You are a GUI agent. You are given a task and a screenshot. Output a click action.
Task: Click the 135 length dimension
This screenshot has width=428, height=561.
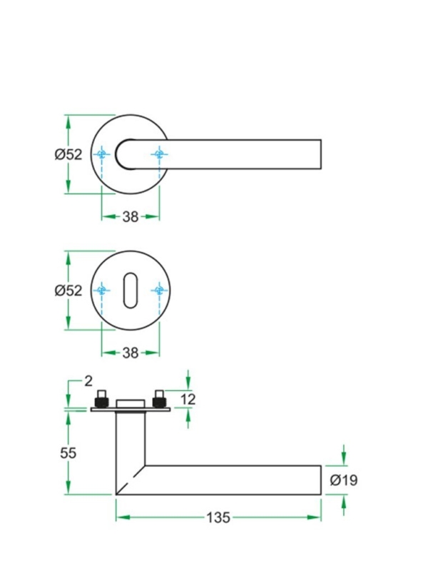[x=219, y=517]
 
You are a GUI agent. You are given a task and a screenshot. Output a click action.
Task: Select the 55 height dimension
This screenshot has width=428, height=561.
[x=68, y=453]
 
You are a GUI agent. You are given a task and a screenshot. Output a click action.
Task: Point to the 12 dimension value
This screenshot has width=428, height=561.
[x=188, y=399]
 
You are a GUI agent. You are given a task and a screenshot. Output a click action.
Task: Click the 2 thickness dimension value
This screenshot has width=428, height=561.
[x=88, y=380]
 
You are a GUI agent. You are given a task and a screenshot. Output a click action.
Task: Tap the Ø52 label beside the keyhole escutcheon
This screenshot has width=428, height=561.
[x=68, y=290]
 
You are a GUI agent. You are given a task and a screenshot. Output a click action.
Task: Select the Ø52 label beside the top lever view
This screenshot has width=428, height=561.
[x=68, y=154]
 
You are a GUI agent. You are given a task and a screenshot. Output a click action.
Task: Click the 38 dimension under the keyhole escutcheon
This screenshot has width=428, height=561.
[x=130, y=353]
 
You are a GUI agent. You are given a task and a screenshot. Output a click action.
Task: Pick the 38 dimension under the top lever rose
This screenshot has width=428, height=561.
[x=130, y=217]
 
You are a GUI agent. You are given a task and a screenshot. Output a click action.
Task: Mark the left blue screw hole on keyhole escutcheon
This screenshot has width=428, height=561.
[x=102, y=290]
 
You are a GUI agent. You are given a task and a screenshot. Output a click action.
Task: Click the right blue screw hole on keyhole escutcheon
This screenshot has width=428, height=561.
[x=158, y=290]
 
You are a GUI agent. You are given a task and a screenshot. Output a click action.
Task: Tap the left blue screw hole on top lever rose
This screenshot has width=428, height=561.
[x=102, y=154]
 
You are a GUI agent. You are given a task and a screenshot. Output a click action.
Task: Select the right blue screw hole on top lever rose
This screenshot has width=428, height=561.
[x=158, y=154]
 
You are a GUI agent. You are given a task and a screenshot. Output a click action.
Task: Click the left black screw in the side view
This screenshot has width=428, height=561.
[x=103, y=397]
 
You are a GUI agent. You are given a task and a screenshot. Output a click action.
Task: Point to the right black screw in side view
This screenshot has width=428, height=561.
[x=158, y=397]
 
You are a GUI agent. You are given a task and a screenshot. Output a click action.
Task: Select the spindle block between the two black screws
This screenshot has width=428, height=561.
[x=130, y=404]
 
